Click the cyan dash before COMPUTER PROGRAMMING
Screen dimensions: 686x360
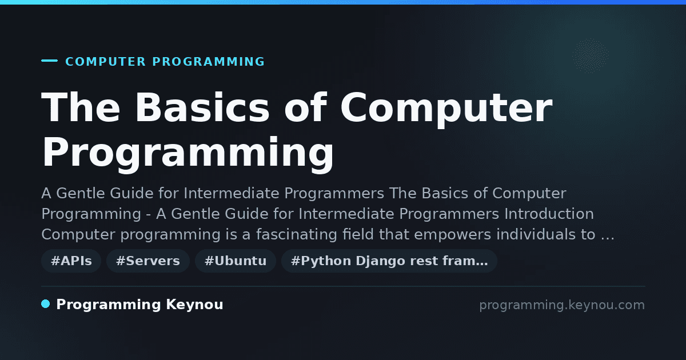[49, 61]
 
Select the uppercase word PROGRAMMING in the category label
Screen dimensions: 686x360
[208, 62]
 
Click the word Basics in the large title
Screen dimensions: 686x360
[202, 107]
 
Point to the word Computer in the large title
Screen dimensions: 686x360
[446, 109]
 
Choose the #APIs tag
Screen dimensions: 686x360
[71, 261]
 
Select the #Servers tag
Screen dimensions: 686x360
[148, 261]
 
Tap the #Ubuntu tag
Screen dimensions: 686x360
[236, 261]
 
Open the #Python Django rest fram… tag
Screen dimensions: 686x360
[389, 261]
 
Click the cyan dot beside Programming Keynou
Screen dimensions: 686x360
[46, 304]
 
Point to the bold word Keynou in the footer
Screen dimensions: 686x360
[194, 305]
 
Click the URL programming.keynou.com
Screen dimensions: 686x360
[562, 305]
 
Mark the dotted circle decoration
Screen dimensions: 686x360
[591, 56]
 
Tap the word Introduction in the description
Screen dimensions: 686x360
[549, 214]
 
